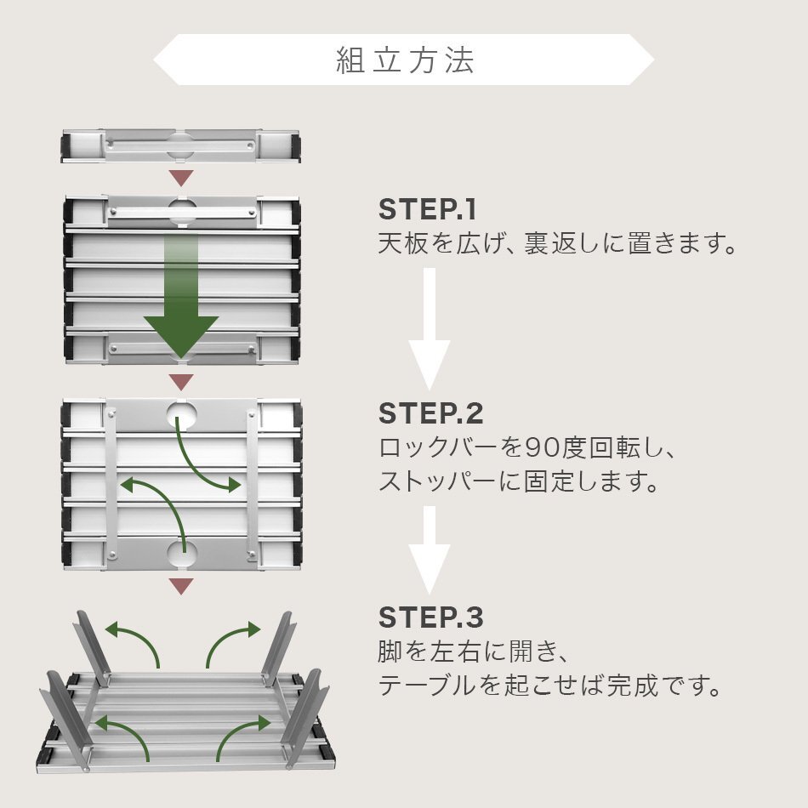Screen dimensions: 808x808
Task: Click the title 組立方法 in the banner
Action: click(x=404, y=60)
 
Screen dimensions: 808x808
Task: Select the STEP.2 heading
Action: click(x=430, y=413)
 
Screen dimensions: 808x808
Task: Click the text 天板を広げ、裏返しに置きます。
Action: click(x=556, y=245)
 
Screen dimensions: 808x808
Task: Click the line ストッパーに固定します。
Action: click(x=519, y=483)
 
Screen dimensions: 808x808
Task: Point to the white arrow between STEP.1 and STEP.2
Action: click(x=430, y=332)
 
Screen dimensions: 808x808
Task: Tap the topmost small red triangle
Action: click(x=181, y=178)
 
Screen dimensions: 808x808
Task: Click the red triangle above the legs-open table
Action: click(x=181, y=585)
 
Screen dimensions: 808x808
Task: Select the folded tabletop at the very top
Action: click(x=181, y=145)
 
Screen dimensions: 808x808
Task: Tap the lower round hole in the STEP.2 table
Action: click(x=181, y=554)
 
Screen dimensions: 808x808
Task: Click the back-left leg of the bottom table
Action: click(x=92, y=646)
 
